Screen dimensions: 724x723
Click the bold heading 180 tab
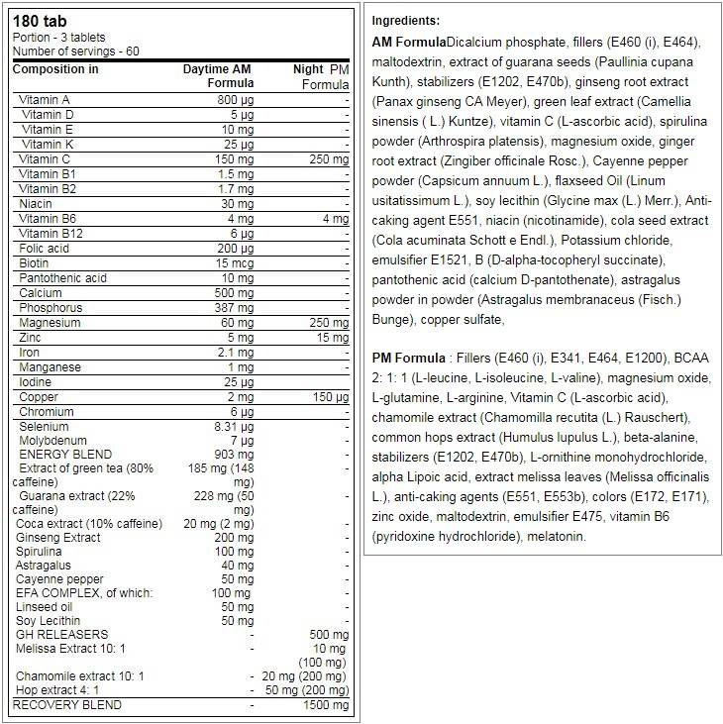(x=34, y=22)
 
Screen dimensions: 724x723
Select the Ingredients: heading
(x=406, y=21)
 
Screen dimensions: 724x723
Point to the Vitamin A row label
(x=44, y=99)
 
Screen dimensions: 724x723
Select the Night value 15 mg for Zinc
(x=332, y=338)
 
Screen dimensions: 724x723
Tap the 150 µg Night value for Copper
(x=330, y=397)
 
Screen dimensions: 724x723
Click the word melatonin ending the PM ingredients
(x=556, y=536)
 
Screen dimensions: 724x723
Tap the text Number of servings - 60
(x=76, y=51)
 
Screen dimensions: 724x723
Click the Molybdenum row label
(x=52, y=440)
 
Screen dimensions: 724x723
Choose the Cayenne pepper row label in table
(x=59, y=578)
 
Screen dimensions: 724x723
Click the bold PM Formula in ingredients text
(x=407, y=358)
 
